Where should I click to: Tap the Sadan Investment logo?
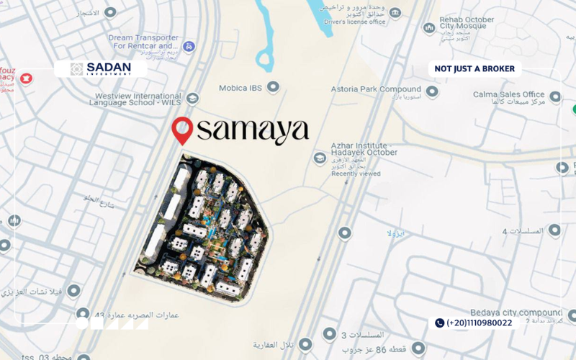pos(101,69)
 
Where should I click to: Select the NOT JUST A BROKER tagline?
pos(474,69)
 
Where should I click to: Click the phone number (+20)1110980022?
pos(480,323)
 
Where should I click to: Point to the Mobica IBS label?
pos(241,88)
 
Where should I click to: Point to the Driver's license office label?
pos(356,22)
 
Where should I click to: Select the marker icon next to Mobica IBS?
pos(273,87)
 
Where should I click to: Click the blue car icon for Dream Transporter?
pos(189,47)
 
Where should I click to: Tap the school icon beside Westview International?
pos(192,98)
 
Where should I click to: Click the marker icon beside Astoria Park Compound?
pos(431,91)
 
